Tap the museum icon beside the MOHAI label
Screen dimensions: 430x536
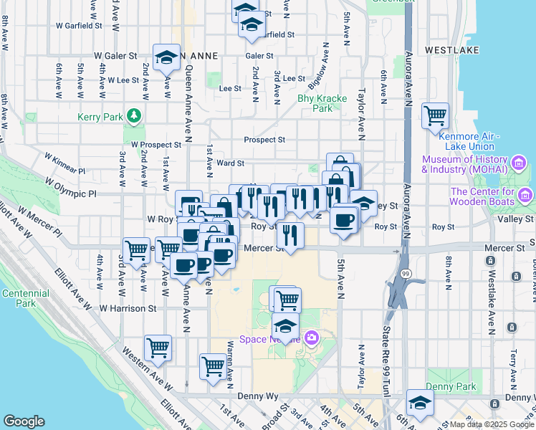tap(520, 164)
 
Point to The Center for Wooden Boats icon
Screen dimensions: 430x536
tap(526, 196)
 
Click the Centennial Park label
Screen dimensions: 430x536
tap(25, 299)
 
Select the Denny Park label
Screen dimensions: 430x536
tap(451, 387)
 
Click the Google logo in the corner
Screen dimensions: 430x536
tap(24, 421)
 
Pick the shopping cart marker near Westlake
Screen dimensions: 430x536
tap(435, 115)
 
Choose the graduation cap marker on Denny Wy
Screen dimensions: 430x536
tap(420, 402)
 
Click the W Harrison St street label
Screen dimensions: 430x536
tap(128, 309)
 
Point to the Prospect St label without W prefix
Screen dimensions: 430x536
tap(264, 140)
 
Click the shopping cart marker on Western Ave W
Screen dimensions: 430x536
tap(158, 348)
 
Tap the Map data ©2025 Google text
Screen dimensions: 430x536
tap(492, 424)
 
